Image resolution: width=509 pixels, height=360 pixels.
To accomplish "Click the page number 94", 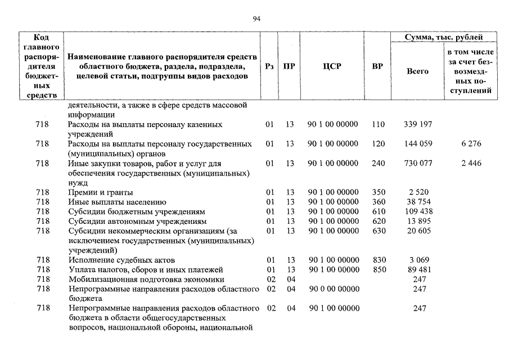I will click(x=256, y=19).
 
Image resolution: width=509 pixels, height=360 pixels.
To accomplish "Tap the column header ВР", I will click(x=378, y=66).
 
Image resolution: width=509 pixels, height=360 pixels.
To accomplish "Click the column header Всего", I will click(x=417, y=71).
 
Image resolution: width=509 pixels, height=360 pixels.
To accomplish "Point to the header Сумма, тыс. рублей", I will click(x=444, y=38).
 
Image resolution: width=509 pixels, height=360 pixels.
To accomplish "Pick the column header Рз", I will click(x=269, y=66).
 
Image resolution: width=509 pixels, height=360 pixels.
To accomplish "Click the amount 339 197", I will click(x=418, y=124).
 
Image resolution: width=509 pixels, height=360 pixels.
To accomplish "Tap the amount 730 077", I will click(x=418, y=164).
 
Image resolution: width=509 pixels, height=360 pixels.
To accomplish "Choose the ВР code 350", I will click(x=379, y=192).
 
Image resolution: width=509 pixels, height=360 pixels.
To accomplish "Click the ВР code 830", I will click(x=379, y=260).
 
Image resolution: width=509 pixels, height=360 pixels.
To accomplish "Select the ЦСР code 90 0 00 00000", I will click(x=333, y=289).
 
